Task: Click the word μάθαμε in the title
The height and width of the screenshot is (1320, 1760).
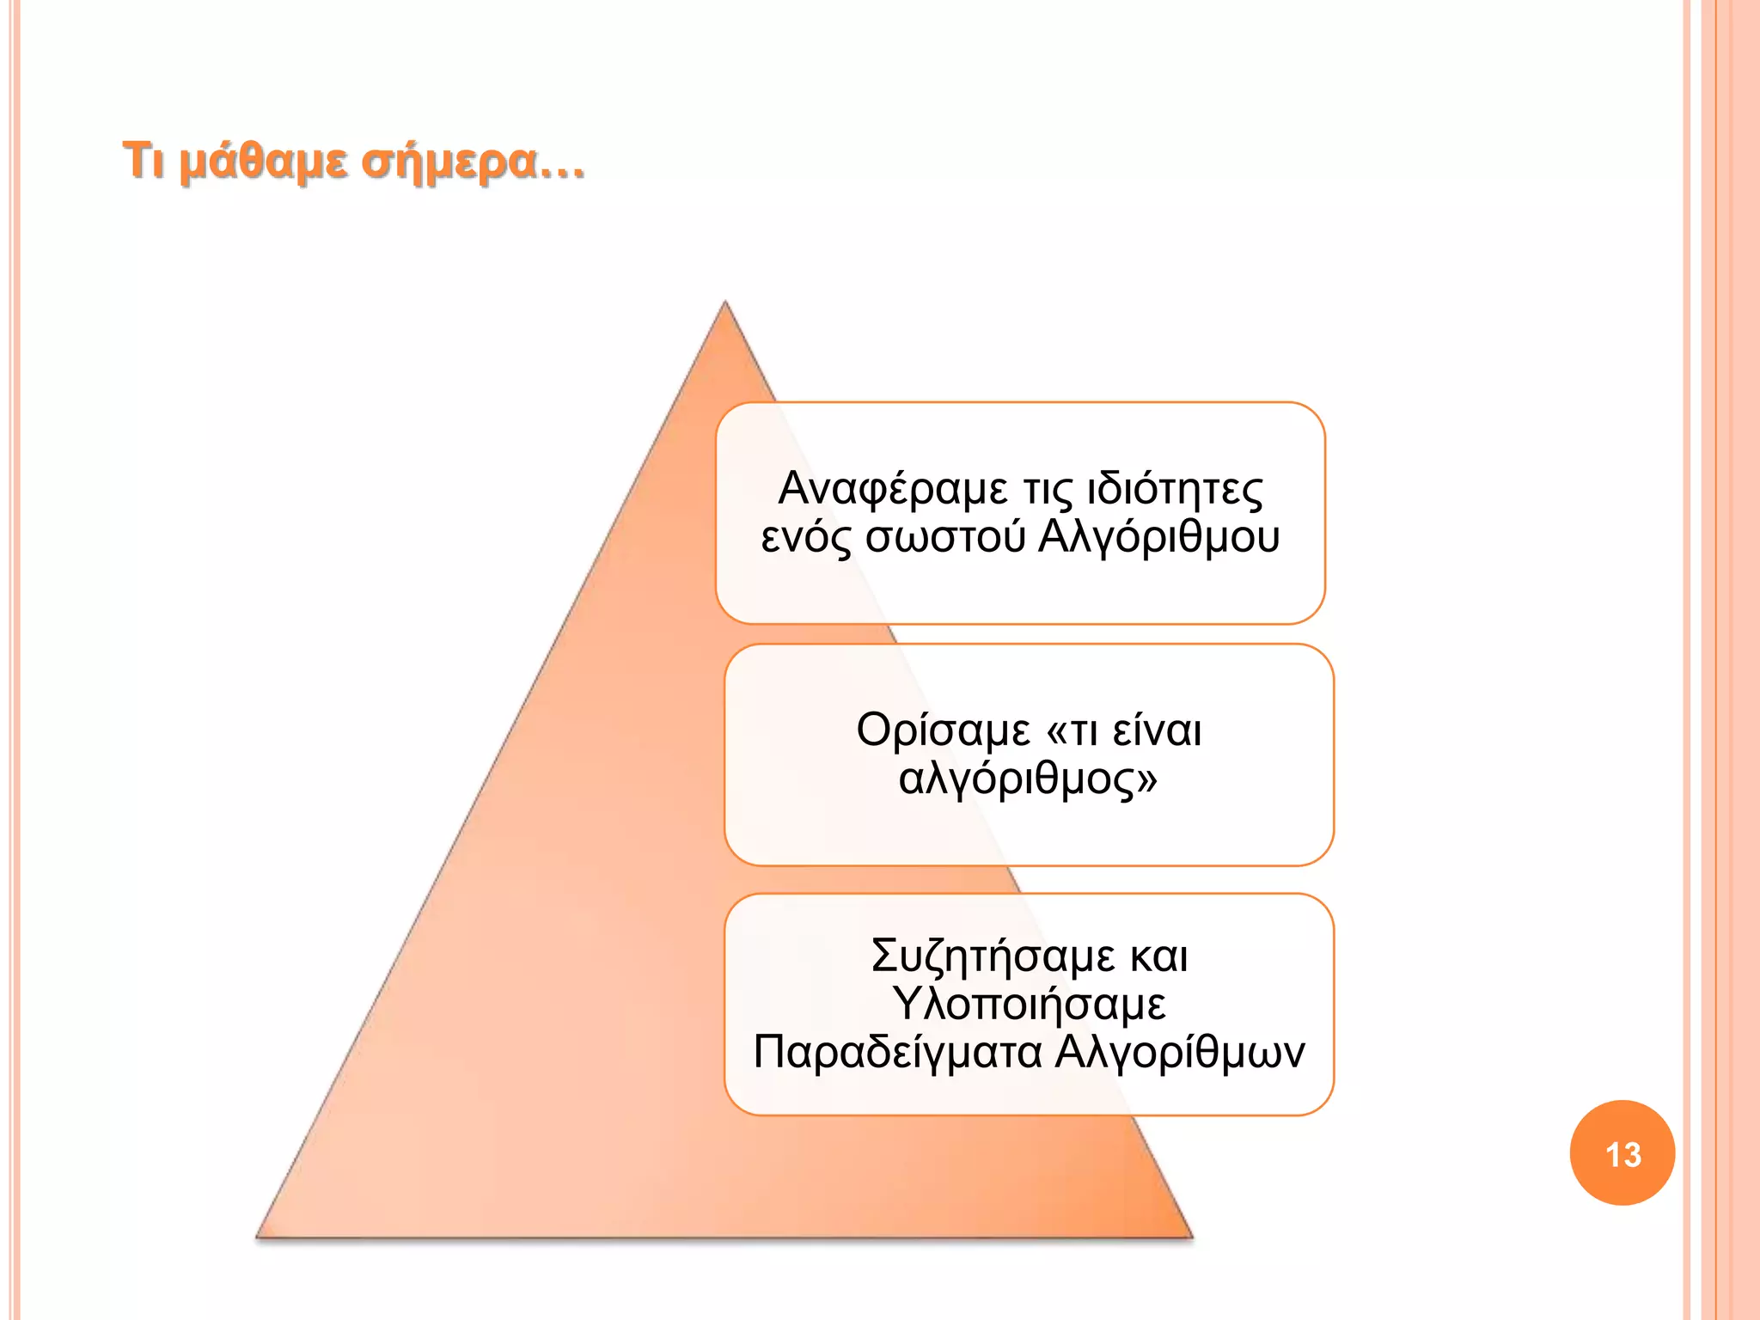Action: (263, 161)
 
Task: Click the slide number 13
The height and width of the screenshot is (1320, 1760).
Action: (1622, 1154)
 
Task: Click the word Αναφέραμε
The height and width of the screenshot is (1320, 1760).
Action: (893, 489)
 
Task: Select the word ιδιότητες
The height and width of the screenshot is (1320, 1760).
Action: (1175, 489)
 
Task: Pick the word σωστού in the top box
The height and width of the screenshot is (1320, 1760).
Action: (945, 538)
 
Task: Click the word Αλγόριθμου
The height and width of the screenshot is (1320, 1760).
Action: (1159, 538)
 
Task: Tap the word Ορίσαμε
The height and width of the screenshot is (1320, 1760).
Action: (943, 731)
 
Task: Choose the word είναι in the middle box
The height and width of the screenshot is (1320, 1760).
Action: (1157, 731)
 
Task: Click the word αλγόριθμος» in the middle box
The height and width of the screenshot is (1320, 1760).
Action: (1028, 779)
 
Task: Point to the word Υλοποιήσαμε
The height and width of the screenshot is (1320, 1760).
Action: (1029, 1004)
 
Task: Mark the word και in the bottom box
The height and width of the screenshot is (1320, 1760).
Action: (1159, 956)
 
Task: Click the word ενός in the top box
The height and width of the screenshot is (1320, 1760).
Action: (806, 538)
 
